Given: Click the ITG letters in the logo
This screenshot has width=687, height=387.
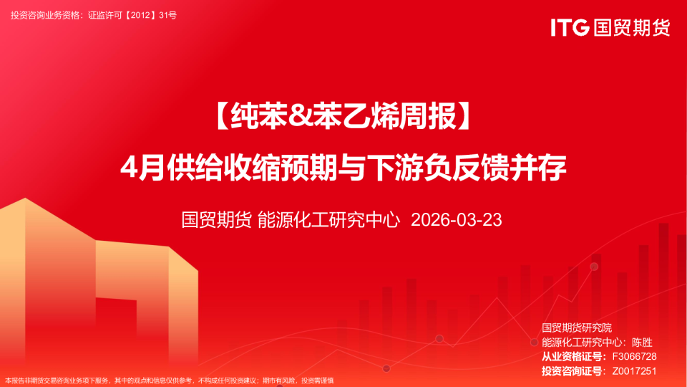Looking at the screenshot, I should click(570, 28).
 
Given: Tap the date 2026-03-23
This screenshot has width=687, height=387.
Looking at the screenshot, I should click(457, 219).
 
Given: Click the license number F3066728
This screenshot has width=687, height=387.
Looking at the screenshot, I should click(630, 356).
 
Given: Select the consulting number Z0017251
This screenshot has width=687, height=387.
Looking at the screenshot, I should click(630, 371).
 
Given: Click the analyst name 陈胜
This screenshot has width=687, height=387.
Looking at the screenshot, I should click(641, 342).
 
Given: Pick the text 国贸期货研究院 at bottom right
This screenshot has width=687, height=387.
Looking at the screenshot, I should click(582, 328).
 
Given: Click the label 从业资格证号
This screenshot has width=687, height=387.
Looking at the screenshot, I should click(572, 356).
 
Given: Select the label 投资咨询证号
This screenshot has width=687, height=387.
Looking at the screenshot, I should click(572, 371).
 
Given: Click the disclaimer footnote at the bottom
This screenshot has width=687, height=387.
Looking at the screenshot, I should click(169, 381).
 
